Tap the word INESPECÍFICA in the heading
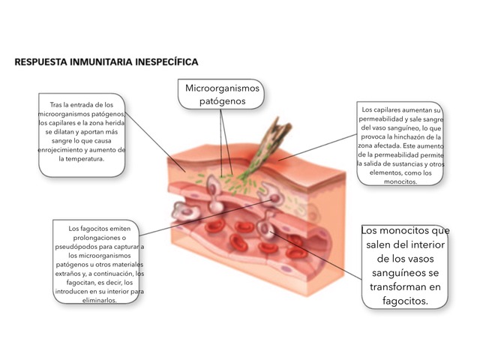[x=166, y=62]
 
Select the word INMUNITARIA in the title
[x=101, y=62]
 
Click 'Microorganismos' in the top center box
[x=222, y=88]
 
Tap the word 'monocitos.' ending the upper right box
[x=400, y=181]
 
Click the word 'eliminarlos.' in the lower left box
[x=100, y=300]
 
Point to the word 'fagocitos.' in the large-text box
[x=405, y=301]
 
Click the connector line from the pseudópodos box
[x=205, y=218]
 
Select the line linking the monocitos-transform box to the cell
[x=316, y=256]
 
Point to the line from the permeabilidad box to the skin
[x=318, y=147]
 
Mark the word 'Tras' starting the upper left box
[x=55, y=105]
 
